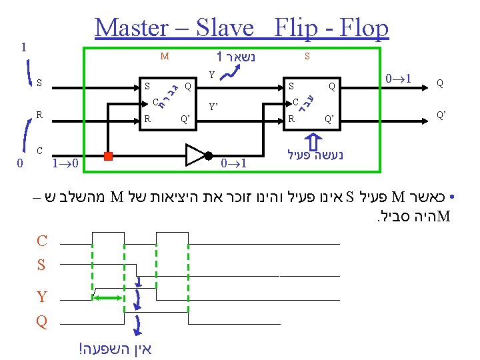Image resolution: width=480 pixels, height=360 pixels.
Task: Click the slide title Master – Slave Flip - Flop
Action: coord(241,28)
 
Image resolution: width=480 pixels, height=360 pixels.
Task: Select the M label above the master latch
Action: coord(164,57)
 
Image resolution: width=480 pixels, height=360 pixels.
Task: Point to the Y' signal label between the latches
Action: coord(214,106)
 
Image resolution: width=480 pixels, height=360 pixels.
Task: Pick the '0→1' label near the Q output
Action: coord(401,79)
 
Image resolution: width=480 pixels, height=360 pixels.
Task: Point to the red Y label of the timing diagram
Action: coord(41,297)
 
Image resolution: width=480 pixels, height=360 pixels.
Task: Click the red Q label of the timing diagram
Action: coord(41,321)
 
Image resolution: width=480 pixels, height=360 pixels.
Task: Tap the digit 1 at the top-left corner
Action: coord(24,47)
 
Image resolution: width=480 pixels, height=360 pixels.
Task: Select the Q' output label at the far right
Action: coord(441,114)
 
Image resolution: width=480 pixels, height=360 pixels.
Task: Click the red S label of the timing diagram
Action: coord(41,265)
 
